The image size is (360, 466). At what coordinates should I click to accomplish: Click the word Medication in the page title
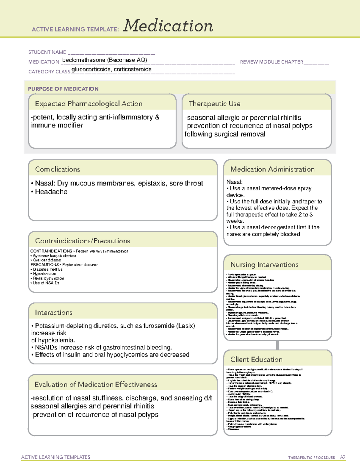point(168,26)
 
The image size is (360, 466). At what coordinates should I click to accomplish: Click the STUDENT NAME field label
point(47,52)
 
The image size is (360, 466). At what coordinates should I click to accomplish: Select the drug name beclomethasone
point(84,60)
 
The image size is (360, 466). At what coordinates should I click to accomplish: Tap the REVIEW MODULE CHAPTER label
point(271,62)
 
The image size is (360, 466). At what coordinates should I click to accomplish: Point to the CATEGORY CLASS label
point(49,72)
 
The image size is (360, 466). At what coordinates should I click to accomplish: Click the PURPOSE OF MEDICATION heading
point(63,89)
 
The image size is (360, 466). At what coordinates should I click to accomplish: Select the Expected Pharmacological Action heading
point(88,104)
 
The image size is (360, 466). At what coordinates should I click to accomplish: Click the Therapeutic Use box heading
point(214,104)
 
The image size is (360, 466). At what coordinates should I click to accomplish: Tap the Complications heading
point(58,169)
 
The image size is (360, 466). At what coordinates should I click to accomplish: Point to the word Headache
point(51,192)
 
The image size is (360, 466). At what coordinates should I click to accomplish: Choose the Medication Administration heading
point(272,169)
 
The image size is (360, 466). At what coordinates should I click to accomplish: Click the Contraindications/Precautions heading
point(82,241)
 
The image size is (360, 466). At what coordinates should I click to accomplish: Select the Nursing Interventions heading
point(264,265)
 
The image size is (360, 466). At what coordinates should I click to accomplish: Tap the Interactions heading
point(54,313)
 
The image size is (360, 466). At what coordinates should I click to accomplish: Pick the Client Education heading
point(256,359)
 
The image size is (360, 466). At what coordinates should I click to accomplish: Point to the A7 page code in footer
point(343,457)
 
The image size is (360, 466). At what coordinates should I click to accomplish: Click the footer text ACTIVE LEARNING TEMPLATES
point(56,457)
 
